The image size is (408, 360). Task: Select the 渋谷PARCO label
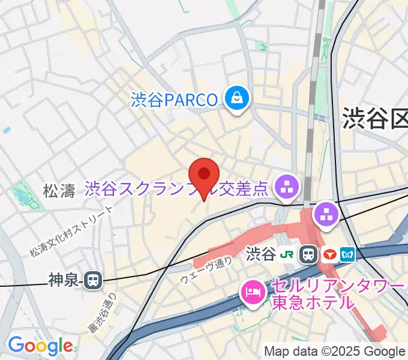pos(174,99)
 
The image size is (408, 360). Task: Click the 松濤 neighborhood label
pos(59,191)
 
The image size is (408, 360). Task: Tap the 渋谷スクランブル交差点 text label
pos(176,190)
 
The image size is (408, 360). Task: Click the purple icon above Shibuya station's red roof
pos(326,214)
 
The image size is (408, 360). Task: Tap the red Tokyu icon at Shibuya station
pos(328,254)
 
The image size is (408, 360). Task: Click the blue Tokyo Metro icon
pos(346,254)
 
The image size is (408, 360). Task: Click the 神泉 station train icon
pos(92,280)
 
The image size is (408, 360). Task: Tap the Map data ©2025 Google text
pos(335,352)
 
